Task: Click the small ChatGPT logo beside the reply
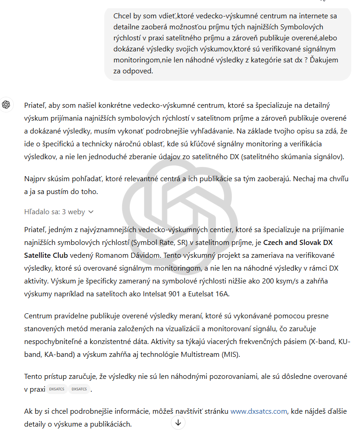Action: click(x=6, y=105)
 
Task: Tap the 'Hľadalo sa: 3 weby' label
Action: click(x=55, y=212)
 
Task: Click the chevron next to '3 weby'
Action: click(x=91, y=212)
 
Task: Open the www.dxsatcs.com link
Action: click(x=259, y=411)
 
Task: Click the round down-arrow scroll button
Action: click(x=178, y=422)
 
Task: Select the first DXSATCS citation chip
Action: click(x=56, y=389)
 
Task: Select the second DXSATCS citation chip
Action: click(x=79, y=389)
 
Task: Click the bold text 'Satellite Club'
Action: click(x=46, y=255)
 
